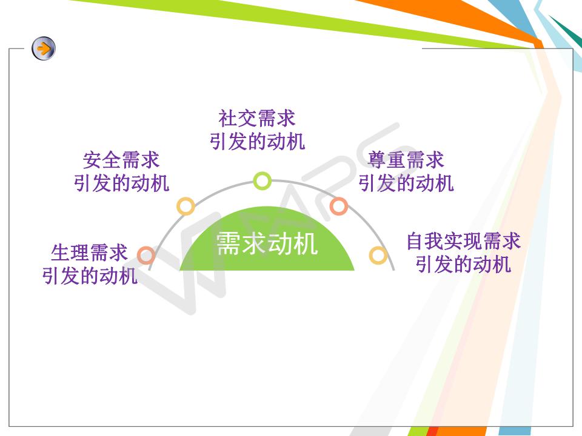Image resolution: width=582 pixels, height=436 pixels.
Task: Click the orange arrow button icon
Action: [44, 48]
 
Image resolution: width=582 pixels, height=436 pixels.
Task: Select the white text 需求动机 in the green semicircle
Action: [267, 243]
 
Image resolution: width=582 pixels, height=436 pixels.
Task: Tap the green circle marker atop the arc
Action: [262, 181]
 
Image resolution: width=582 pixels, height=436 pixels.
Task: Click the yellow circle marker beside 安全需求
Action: [186, 206]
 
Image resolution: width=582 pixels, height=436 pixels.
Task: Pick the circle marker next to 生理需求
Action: [146, 255]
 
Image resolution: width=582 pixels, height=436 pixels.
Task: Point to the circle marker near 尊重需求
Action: [338, 206]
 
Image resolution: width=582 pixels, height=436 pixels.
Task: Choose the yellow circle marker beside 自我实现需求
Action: [378, 255]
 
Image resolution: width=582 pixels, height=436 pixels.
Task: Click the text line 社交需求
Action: [257, 118]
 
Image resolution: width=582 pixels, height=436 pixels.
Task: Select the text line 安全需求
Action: [121, 160]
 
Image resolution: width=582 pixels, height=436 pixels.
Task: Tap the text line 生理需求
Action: [89, 253]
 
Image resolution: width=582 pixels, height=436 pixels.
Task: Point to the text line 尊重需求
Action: [406, 160]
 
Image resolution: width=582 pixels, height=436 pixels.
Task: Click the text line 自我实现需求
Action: [463, 241]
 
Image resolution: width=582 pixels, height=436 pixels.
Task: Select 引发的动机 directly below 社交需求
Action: [257, 141]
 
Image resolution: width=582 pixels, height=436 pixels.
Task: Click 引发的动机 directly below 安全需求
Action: [121, 183]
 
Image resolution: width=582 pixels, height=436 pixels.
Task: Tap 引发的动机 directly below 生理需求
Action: [89, 276]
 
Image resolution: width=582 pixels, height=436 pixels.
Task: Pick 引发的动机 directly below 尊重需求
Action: [406, 183]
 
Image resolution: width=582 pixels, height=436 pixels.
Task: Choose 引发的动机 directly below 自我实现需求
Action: [463, 265]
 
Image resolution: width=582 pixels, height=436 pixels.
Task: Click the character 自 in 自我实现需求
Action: [415, 241]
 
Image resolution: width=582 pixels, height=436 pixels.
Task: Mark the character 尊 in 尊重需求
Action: [376, 160]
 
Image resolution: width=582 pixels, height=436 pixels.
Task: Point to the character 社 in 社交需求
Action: [228, 118]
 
